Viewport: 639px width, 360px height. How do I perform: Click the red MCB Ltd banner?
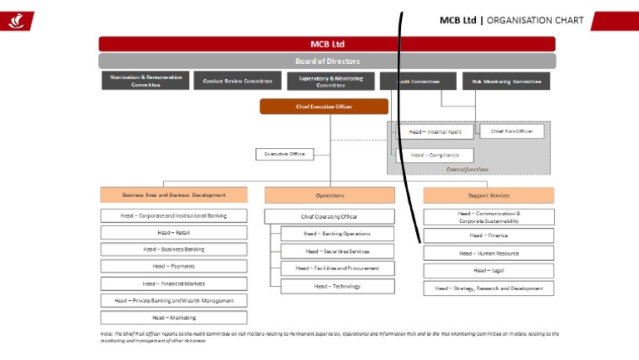tap(326, 44)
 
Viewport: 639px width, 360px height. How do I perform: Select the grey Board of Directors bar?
tap(326, 62)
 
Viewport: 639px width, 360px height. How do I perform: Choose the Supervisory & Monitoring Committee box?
tap(330, 81)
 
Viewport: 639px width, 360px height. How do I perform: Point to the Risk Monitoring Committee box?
tap(506, 81)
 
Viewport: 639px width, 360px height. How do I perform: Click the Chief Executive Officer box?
tap(324, 106)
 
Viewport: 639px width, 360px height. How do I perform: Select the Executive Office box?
tap(285, 154)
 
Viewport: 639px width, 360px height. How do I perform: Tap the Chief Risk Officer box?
tap(513, 131)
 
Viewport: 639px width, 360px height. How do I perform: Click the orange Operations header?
tap(329, 195)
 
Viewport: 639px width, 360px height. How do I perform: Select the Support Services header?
tap(488, 195)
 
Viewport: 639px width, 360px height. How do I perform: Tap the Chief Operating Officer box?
tap(329, 216)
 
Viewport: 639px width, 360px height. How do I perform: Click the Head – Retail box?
tap(173, 233)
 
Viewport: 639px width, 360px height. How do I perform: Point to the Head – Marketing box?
tap(173, 317)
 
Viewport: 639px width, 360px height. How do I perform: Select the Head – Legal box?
tap(488, 270)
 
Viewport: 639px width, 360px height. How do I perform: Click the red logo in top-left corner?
tap(16, 20)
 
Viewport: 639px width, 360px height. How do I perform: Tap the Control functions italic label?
tap(467, 170)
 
